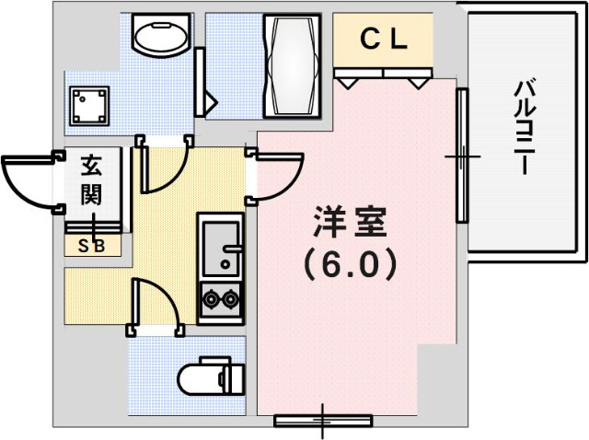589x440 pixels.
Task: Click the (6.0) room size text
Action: click(349, 265)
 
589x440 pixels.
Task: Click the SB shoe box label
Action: click(91, 246)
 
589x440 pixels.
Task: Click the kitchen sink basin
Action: click(221, 246)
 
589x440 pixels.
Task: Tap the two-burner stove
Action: click(221, 299)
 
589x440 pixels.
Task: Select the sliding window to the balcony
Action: click(463, 157)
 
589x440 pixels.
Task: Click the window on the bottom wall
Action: click(322, 421)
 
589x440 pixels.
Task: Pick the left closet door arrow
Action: click(349, 82)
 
